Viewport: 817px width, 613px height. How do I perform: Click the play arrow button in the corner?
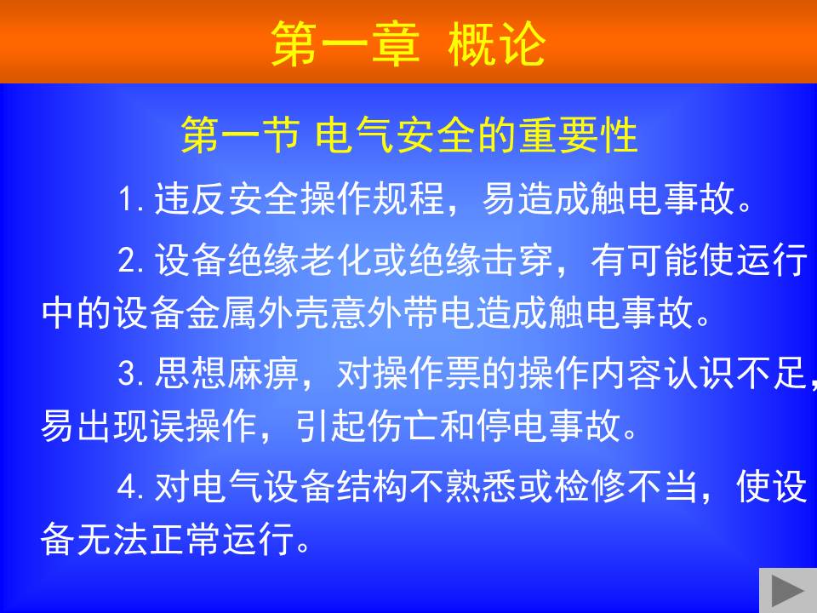click(788, 591)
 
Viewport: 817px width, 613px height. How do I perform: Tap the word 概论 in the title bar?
click(496, 44)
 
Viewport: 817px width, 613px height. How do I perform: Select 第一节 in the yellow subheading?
click(241, 135)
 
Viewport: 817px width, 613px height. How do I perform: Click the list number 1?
click(129, 199)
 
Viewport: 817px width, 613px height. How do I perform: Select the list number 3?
click(129, 373)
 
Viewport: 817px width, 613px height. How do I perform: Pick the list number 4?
click(129, 487)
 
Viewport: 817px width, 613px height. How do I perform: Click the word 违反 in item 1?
click(190, 198)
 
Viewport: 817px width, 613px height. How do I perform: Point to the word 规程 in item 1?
click(409, 198)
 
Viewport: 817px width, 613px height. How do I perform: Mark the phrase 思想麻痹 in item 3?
click(226, 373)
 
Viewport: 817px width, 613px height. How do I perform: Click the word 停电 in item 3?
click(511, 426)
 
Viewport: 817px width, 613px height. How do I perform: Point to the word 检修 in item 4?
click(591, 486)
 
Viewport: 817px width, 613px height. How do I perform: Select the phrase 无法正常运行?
click(186, 538)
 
